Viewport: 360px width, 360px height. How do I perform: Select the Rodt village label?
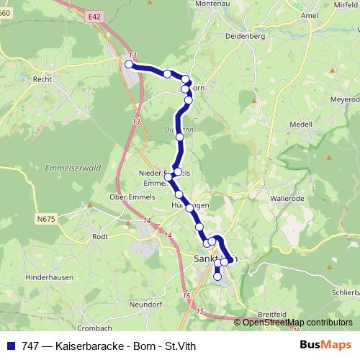click(100, 235)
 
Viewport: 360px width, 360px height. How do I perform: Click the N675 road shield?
click(48, 218)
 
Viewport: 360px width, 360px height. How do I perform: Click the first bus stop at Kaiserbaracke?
click(129, 64)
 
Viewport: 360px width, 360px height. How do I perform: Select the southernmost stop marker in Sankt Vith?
click(217, 276)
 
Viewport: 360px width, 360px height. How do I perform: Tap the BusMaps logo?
click(327, 345)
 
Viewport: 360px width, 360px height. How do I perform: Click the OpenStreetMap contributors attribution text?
click(297, 323)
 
